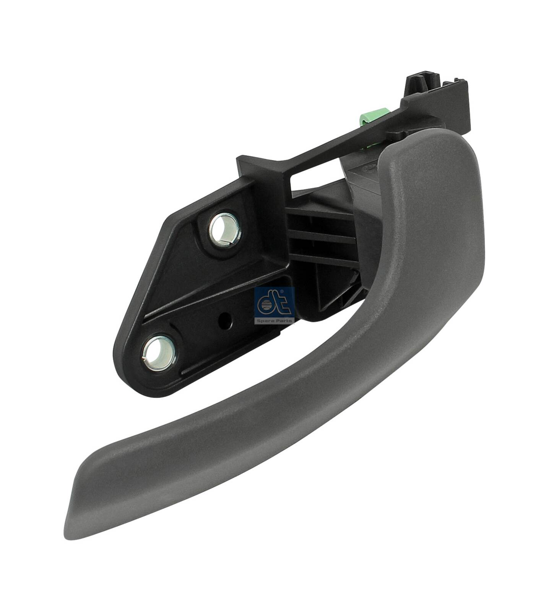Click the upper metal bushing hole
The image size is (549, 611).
click(x=224, y=230)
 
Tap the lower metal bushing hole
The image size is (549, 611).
click(x=159, y=353)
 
